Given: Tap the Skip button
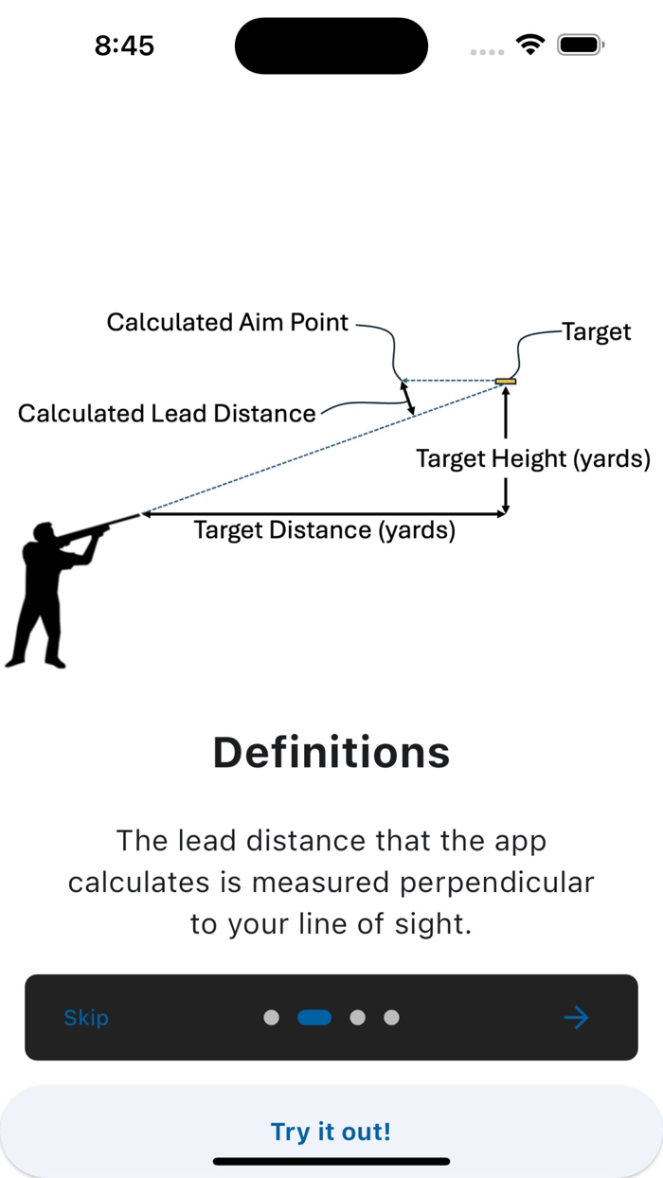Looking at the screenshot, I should pyautogui.click(x=86, y=1018).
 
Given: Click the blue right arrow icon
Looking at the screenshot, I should pyautogui.click(x=576, y=1018).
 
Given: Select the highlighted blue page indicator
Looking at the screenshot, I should pyautogui.click(x=314, y=1018).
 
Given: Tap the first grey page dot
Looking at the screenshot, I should pyautogui.click(x=271, y=1018).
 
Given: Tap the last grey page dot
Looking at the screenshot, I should pyautogui.click(x=391, y=1018).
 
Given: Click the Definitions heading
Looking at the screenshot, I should pyautogui.click(x=331, y=753).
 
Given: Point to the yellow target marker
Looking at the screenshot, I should pyautogui.click(x=506, y=382).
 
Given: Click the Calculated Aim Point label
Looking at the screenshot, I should pyautogui.click(x=227, y=323).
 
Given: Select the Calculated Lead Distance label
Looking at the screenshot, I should pyautogui.click(x=167, y=414).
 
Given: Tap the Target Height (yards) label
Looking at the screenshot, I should pyautogui.click(x=533, y=459).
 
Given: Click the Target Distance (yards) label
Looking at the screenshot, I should pyautogui.click(x=324, y=530).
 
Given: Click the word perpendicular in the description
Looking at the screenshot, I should pyautogui.click(x=496, y=883).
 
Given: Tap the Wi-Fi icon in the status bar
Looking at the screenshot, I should pyautogui.click(x=530, y=45).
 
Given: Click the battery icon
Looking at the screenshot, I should pyautogui.click(x=581, y=45).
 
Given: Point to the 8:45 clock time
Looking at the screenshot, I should pyautogui.click(x=124, y=45).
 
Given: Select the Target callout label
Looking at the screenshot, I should pyautogui.click(x=597, y=332).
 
